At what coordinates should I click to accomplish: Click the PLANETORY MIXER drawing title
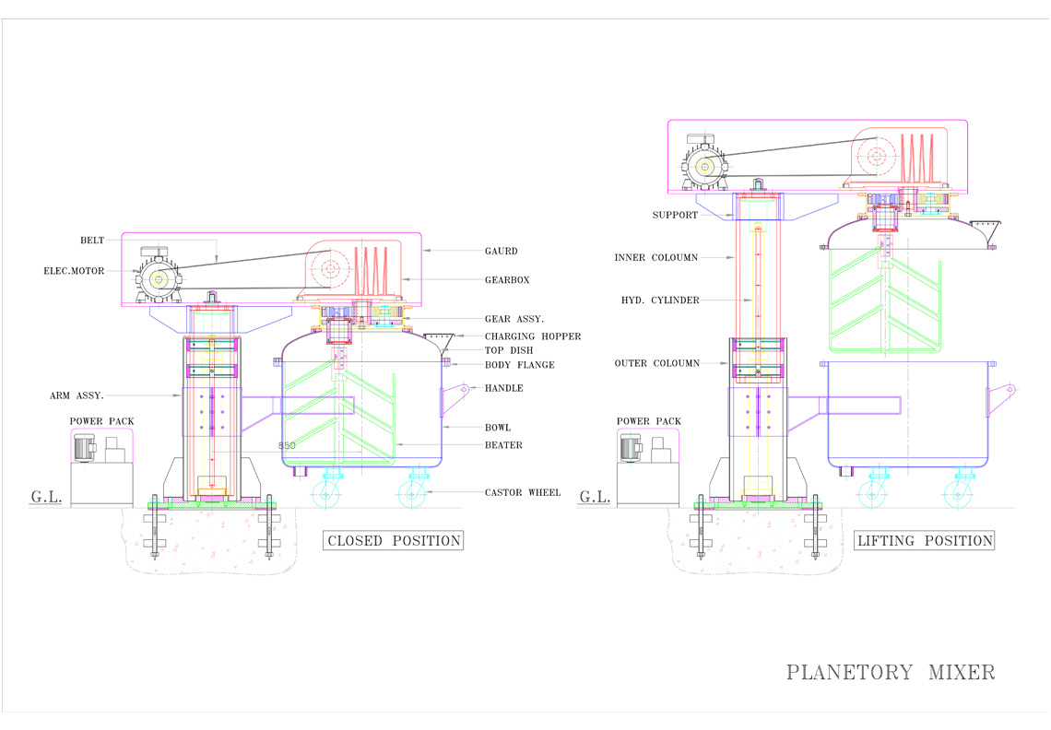point(891,672)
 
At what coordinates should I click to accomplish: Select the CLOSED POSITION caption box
point(394,540)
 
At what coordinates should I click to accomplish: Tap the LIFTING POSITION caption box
point(925,540)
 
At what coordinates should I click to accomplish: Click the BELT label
point(92,240)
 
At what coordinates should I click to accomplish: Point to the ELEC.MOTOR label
point(74,271)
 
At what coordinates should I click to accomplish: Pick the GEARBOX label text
point(507,280)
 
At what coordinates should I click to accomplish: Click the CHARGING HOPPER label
point(533,336)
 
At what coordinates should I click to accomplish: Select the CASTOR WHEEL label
point(523,493)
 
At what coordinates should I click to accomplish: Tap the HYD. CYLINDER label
point(660,300)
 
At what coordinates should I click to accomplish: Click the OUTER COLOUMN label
point(656,363)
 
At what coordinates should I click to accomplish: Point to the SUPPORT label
point(675,215)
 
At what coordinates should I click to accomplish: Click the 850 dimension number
point(287,445)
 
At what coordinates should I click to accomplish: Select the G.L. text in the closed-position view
point(46,497)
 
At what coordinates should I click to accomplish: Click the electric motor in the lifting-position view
point(704,163)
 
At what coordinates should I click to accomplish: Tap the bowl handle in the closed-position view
point(455,399)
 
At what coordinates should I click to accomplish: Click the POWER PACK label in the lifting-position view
point(649,421)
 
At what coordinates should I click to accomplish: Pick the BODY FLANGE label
point(520,365)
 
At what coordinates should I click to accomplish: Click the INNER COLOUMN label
point(656,257)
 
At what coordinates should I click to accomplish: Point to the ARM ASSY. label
point(77,395)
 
